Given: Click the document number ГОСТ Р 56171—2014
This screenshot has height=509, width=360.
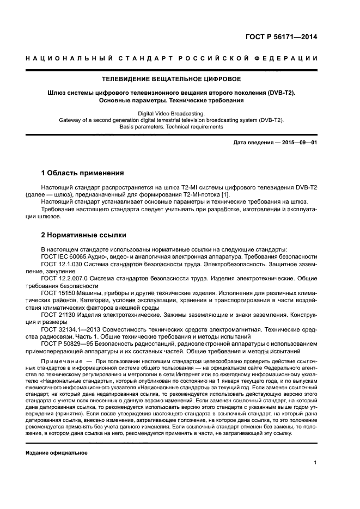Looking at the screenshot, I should (281, 37).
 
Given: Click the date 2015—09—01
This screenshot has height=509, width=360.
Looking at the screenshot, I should (299, 143).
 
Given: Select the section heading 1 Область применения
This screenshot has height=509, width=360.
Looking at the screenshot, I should (83, 173).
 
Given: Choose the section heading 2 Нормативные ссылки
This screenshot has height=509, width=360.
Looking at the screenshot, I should (84, 235).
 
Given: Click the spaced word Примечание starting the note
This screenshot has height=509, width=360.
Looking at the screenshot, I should (63, 361).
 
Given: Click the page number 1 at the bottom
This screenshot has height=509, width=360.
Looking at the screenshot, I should (315, 463).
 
